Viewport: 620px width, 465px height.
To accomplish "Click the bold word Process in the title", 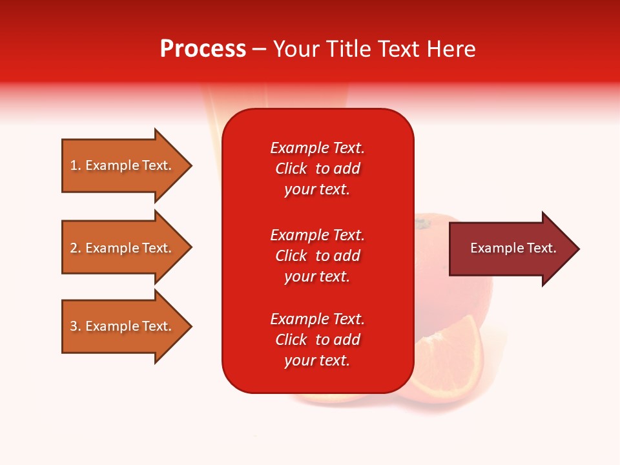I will click(x=203, y=49).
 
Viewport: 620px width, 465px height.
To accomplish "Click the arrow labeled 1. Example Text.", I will click(x=121, y=165).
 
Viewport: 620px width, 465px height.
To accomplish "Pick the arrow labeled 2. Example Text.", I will click(x=121, y=248).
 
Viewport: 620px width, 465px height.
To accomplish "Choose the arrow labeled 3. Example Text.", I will click(x=121, y=326).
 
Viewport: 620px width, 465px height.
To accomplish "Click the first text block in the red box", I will click(x=317, y=169).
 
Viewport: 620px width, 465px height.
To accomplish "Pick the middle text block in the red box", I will click(x=317, y=256).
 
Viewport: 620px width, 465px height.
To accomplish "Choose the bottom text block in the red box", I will click(x=317, y=340).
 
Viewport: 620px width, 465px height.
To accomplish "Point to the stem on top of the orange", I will click(x=422, y=224).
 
